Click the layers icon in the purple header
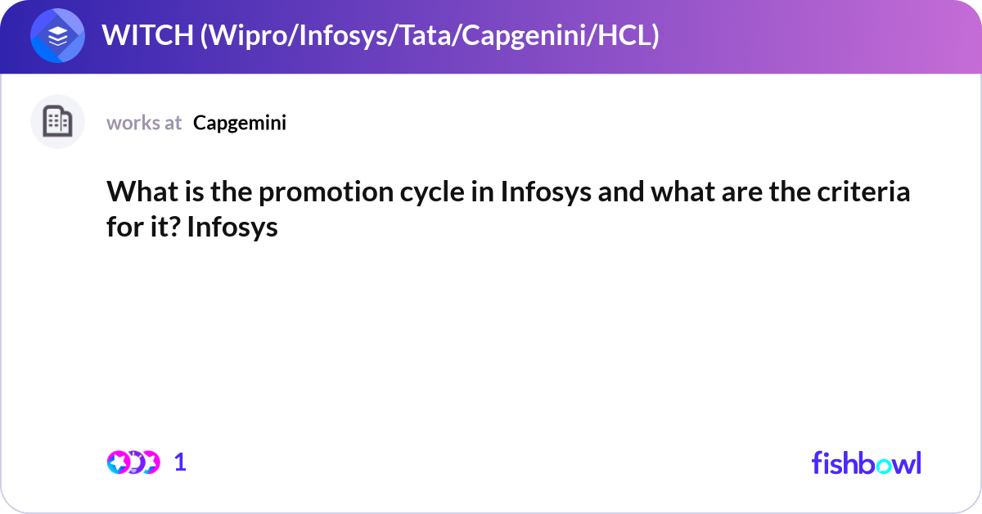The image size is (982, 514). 57,36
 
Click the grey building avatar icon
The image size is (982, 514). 57,122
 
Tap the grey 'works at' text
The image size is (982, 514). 144,123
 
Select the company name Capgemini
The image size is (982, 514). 240,123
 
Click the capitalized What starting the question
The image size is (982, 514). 137,193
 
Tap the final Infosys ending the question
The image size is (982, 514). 232,227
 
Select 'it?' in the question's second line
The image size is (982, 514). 163,227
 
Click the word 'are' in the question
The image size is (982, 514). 732,193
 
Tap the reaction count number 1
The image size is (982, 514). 180,462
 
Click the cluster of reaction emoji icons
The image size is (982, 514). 133,462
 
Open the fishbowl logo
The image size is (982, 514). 866,462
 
